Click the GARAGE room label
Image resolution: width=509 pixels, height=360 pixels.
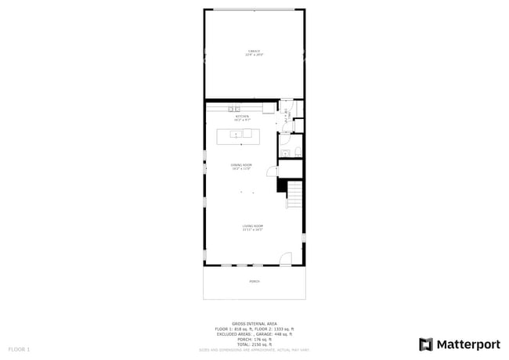(254, 51)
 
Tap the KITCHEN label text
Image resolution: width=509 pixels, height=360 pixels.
(242, 117)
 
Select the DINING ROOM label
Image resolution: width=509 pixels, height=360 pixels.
(241, 165)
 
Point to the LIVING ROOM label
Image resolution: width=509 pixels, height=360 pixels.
(252, 226)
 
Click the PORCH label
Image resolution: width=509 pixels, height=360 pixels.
(254, 281)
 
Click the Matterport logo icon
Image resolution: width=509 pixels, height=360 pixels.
(427, 344)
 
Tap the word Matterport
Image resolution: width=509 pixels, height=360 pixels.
(469, 344)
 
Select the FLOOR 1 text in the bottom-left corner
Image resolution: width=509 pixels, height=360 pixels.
(19, 348)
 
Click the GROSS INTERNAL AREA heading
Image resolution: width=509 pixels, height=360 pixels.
(254, 323)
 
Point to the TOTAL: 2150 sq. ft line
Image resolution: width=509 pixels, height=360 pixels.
(254, 344)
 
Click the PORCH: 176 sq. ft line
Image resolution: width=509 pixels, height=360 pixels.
(254, 339)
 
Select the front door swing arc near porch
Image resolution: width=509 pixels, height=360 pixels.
(287, 257)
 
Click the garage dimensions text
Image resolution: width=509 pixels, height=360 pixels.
(254, 55)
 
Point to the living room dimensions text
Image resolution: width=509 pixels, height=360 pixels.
(252, 230)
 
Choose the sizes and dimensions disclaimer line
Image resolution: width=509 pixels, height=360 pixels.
(254, 350)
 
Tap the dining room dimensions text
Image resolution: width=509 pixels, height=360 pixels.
(241, 169)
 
